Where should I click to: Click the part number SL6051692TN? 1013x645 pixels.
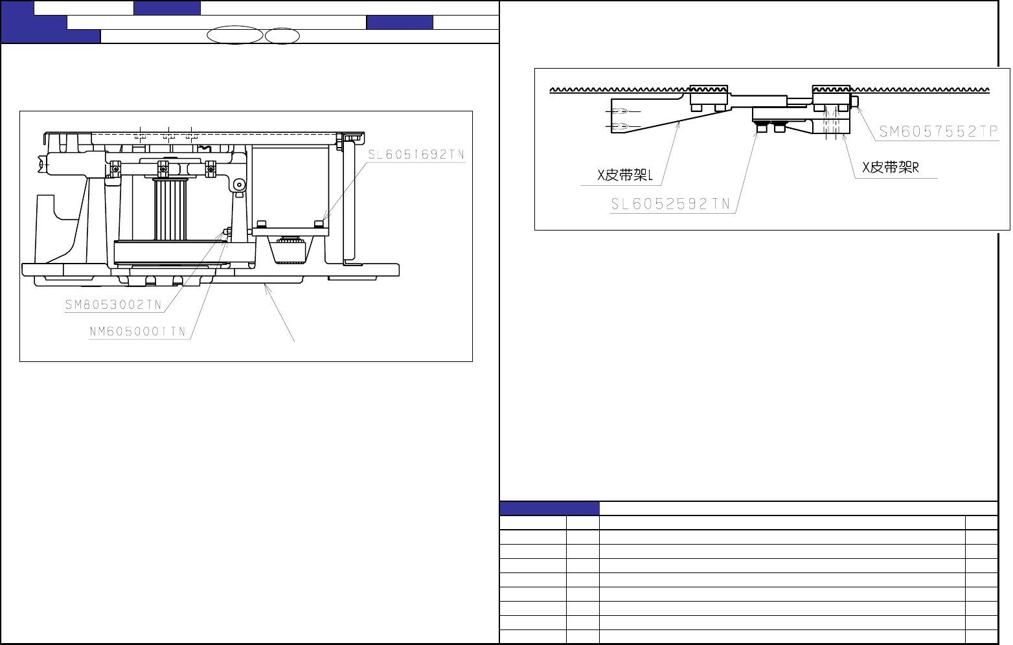click(x=416, y=155)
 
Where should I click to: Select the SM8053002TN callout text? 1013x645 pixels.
click(x=113, y=305)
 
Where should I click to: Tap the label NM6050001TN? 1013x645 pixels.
click(x=137, y=332)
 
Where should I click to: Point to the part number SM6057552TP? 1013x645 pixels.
click(x=939, y=131)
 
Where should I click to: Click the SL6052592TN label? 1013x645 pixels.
click(x=670, y=205)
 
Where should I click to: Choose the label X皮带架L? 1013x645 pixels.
click(x=625, y=175)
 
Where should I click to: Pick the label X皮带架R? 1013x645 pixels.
click(x=891, y=168)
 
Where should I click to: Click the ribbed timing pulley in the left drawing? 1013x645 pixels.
click(x=170, y=209)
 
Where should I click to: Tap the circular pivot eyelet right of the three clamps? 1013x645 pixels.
click(x=239, y=185)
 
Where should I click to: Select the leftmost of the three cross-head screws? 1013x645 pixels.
click(x=116, y=169)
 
